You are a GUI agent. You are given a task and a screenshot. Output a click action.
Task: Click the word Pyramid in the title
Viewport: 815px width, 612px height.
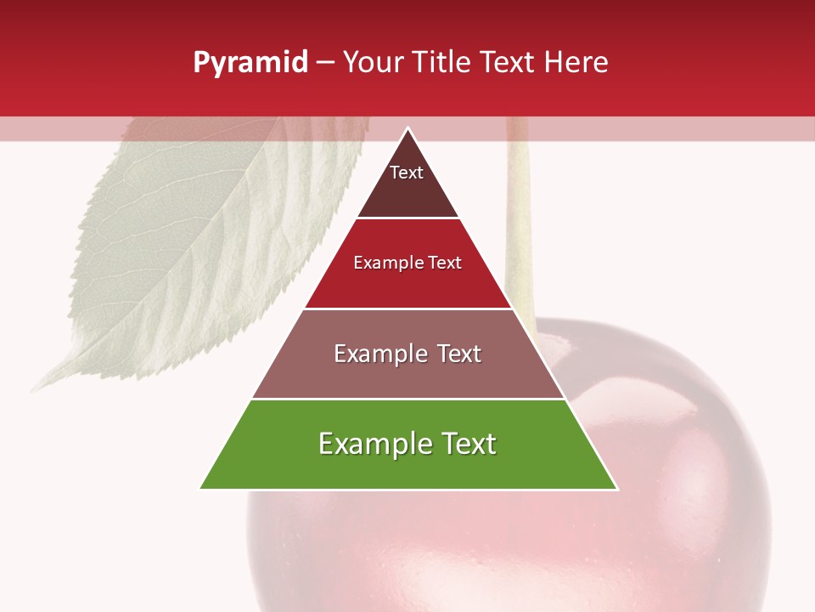[250, 63]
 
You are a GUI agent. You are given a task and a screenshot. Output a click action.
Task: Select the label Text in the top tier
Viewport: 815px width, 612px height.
[406, 173]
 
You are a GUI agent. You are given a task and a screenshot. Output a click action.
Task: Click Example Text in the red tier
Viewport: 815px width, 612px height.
[407, 263]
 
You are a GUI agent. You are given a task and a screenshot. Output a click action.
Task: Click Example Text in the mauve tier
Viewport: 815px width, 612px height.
[407, 354]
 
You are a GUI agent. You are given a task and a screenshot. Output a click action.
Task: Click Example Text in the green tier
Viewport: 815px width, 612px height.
[407, 444]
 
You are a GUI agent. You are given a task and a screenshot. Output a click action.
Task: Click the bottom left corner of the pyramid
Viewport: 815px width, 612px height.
[201, 488]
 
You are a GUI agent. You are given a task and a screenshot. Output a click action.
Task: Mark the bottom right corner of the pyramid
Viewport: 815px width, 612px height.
[616, 488]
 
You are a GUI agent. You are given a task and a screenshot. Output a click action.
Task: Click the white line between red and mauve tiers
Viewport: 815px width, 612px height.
[407, 309]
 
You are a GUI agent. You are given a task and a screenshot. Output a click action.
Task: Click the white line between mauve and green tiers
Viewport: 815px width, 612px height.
[407, 399]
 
